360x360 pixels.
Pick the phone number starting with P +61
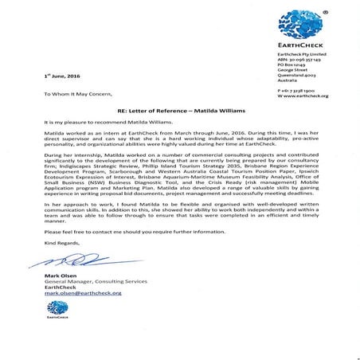[x=297, y=92]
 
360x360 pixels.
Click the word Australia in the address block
[x=288, y=80]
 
